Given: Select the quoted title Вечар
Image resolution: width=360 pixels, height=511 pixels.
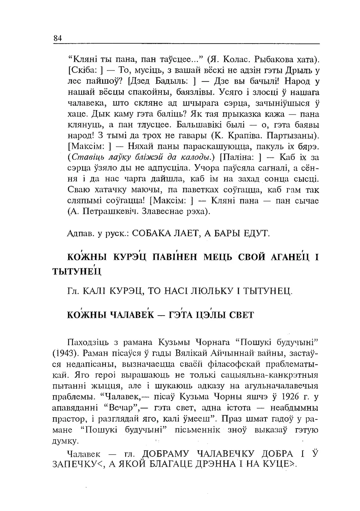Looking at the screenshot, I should pos(121,407).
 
